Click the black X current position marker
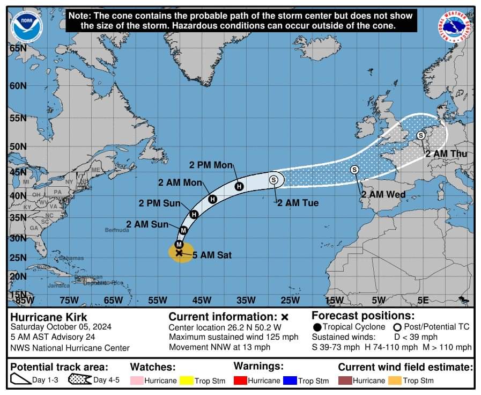(x=179, y=252)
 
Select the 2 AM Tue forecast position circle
(x=273, y=180)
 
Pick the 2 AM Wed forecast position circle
(x=354, y=170)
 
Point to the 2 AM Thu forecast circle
(x=420, y=135)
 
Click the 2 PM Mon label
(x=211, y=165)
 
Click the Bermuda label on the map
(x=117, y=230)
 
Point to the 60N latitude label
(x=18, y=86)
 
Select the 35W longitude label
(x=246, y=300)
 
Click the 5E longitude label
(x=423, y=300)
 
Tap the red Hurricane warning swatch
(x=240, y=381)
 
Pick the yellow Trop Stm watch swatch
(x=186, y=381)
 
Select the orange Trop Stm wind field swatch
(x=395, y=381)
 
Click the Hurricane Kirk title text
(x=49, y=317)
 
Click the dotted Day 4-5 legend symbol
(x=79, y=380)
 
